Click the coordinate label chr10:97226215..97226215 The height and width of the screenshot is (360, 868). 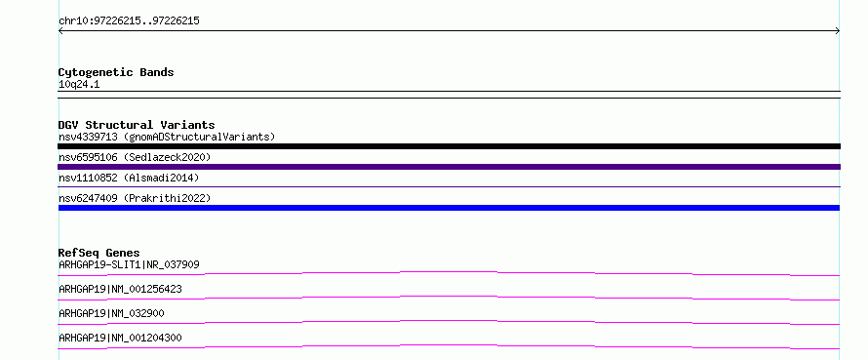coord(129,21)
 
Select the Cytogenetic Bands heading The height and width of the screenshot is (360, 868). coord(116,72)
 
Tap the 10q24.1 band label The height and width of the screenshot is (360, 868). coord(79,85)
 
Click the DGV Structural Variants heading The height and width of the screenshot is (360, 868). coord(137,125)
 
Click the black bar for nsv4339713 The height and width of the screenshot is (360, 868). coord(449,146)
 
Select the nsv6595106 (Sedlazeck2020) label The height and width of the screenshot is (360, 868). coord(135,158)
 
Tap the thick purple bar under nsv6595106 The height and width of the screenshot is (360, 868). coord(449,167)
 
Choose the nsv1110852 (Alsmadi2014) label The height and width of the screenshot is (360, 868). coord(129,178)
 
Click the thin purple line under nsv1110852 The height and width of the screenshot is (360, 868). coord(449,186)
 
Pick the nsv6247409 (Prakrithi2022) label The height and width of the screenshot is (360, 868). coord(135,198)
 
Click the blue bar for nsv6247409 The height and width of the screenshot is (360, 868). coord(449,208)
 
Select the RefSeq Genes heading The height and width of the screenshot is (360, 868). coord(99,253)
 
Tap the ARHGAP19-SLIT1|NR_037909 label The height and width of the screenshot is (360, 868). coord(129,264)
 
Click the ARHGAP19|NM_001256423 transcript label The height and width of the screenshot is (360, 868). coord(120,289)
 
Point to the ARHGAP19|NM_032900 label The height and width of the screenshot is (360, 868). coord(111,313)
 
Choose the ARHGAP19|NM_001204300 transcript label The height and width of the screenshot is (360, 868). coord(120,338)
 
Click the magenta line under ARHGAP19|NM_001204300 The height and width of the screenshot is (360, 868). coord(449,345)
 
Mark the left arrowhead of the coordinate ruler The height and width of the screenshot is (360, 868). coord(59,31)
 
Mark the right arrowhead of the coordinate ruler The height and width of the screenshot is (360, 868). coord(839,31)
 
